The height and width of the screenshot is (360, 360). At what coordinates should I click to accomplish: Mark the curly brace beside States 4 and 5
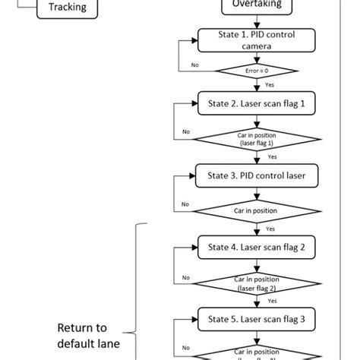(137, 289)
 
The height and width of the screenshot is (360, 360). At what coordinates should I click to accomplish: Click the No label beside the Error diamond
(194, 65)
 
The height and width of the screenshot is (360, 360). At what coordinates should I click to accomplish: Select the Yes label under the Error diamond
(269, 85)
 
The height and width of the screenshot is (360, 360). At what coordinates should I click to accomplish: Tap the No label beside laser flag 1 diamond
(186, 132)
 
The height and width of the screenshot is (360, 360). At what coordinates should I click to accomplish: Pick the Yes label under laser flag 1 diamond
(271, 156)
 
